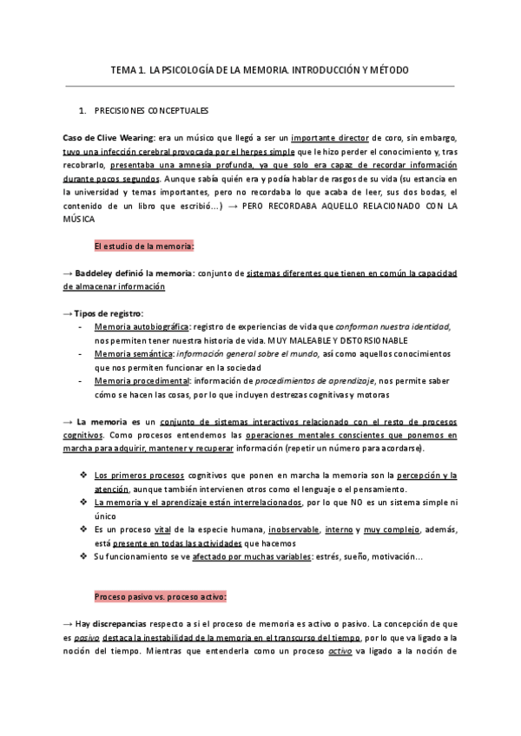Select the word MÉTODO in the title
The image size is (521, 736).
click(x=385, y=69)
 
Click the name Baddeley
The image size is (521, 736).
click(x=100, y=273)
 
